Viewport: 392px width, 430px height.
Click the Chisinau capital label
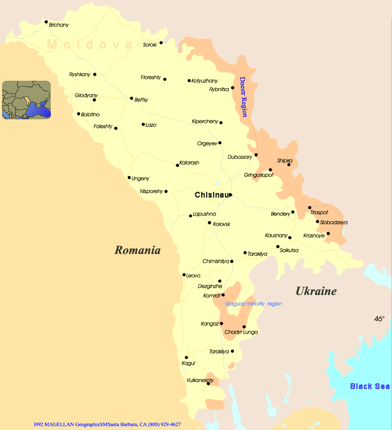coord(211,195)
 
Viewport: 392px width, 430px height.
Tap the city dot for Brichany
coord(46,22)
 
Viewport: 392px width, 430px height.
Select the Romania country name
coord(137,250)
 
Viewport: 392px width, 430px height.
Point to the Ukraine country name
coord(316,291)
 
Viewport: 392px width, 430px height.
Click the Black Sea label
coord(369,386)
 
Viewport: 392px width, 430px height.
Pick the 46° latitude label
coord(379,319)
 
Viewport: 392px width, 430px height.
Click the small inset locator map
coord(27,100)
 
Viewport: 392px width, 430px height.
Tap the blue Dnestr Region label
coord(243,97)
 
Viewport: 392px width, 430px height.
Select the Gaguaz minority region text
coord(254,304)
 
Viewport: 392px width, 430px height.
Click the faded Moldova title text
coord(90,44)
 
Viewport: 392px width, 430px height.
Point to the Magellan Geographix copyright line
coord(107,425)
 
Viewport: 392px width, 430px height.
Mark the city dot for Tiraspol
coord(310,207)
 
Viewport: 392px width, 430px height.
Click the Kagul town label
coord(188,363)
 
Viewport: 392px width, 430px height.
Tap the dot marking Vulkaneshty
coord(208,384)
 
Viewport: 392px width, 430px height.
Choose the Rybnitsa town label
coord(219,89)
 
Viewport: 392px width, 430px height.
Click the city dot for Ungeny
coord(129,177)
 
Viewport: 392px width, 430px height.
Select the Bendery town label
coord(281,214)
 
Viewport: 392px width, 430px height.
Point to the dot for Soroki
coord(161,43)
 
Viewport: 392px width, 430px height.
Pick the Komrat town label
coord(212,295)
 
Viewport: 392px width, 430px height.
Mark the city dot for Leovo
coord(184,275)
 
